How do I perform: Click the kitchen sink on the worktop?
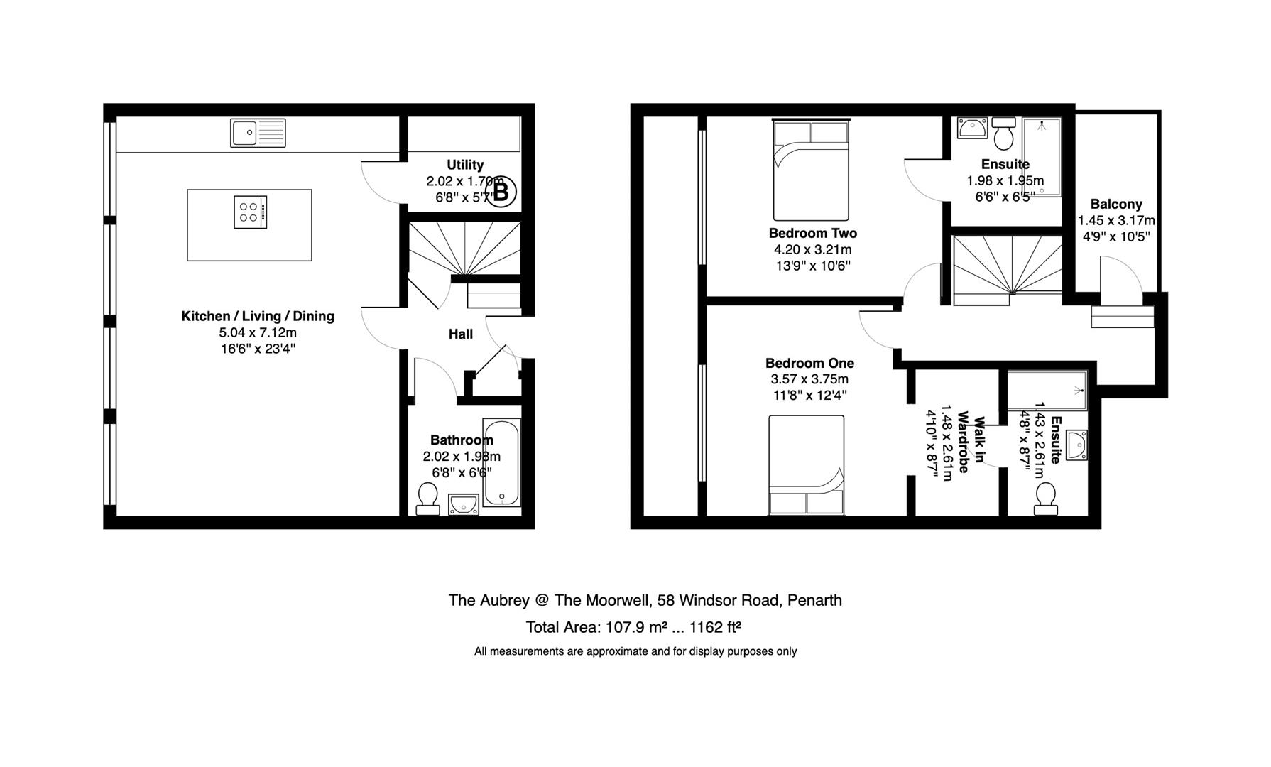tap(258, 133)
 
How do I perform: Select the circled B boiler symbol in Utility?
tap(501, 192)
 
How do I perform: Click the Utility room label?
tap(465, 165)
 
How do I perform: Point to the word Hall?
tap(460, 334)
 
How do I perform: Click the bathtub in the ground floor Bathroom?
tap(501, 462)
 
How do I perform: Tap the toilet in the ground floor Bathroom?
tap(427, 498)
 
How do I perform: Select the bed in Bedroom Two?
tap(811, 170)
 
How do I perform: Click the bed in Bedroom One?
tap(807, 464)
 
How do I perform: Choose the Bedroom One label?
tap(809, 363)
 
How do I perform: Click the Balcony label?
tap(1116, 204)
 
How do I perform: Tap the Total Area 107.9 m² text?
tap(633, 627)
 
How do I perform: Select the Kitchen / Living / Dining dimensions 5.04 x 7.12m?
tap(258, 332)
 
